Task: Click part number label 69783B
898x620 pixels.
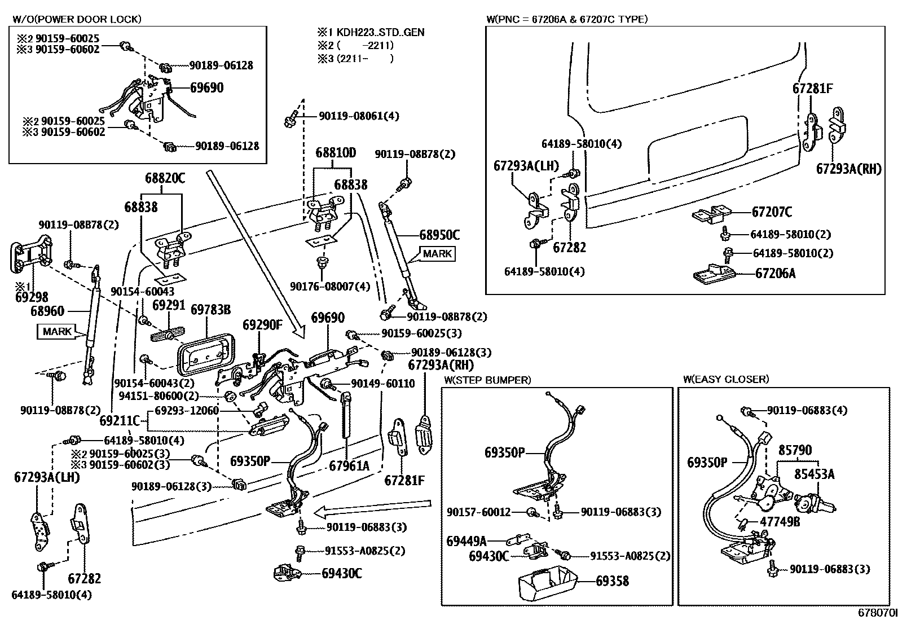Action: point(210,310)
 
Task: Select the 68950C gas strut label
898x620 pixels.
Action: point(439,235)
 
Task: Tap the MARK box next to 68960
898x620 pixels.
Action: point(57,331)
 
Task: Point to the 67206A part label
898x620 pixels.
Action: point(775,274)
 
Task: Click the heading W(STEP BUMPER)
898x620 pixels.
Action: point(487,380)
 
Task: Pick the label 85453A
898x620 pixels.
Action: point(814,474)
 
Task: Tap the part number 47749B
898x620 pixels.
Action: point(780,521)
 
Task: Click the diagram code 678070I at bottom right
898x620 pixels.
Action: point(877,613)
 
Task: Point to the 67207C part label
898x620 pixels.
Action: point(772,212)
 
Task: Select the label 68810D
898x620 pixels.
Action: point(336,153)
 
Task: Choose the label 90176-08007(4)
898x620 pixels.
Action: point(330,287)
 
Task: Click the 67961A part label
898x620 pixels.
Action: point(349,466)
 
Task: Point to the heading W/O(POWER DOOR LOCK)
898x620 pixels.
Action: point(77,19)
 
